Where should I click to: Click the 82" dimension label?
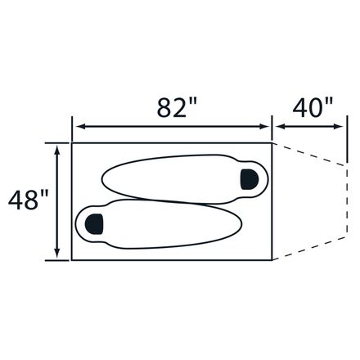click(177, 107)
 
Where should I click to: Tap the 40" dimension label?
click(313, 107)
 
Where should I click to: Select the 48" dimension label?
click(28, 200)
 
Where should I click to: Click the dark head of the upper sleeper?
click(249, 179)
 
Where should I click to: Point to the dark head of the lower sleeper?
click(94, 224)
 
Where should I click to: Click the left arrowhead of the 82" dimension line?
click(80, 126)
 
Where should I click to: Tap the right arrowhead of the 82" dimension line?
click(264, 126)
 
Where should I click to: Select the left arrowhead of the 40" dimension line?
click(281, 126)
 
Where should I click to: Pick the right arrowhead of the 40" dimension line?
click(339, 126)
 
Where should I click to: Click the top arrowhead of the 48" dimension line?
click(57, 150)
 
